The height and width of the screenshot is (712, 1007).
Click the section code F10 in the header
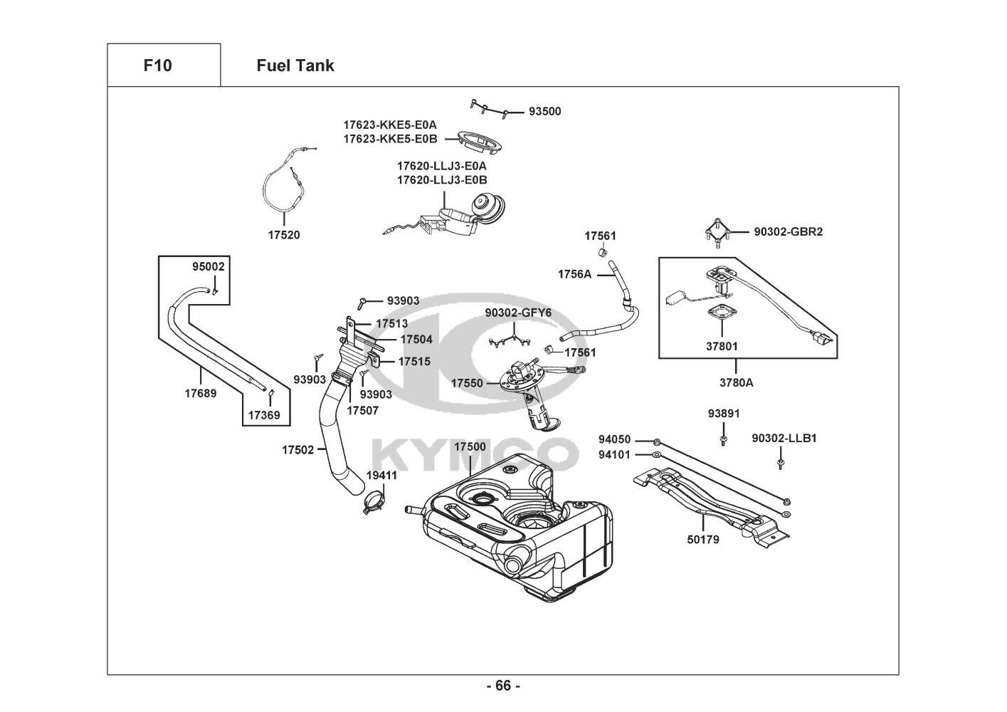(157, 66)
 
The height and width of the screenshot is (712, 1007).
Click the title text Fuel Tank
(295, 66)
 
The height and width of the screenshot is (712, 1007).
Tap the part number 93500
(544, 112)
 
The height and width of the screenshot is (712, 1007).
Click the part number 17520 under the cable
(284, 235)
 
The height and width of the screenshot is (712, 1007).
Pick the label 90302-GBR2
(789, 231)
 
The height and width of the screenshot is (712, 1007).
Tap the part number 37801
(722, 347)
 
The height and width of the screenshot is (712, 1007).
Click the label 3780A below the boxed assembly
(736, 382)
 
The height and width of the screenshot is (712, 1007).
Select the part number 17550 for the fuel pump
(467, 383)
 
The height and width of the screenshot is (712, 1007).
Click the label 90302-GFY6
(518, 313)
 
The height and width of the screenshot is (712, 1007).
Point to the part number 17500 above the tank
(470, 446)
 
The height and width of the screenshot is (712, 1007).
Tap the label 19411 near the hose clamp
(381, 475)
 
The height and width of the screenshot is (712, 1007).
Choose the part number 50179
(703, 540)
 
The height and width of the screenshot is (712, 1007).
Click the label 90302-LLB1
(784, 438)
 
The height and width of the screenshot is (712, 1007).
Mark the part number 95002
(209, 267)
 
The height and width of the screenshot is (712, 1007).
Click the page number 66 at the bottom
(503, 686)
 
